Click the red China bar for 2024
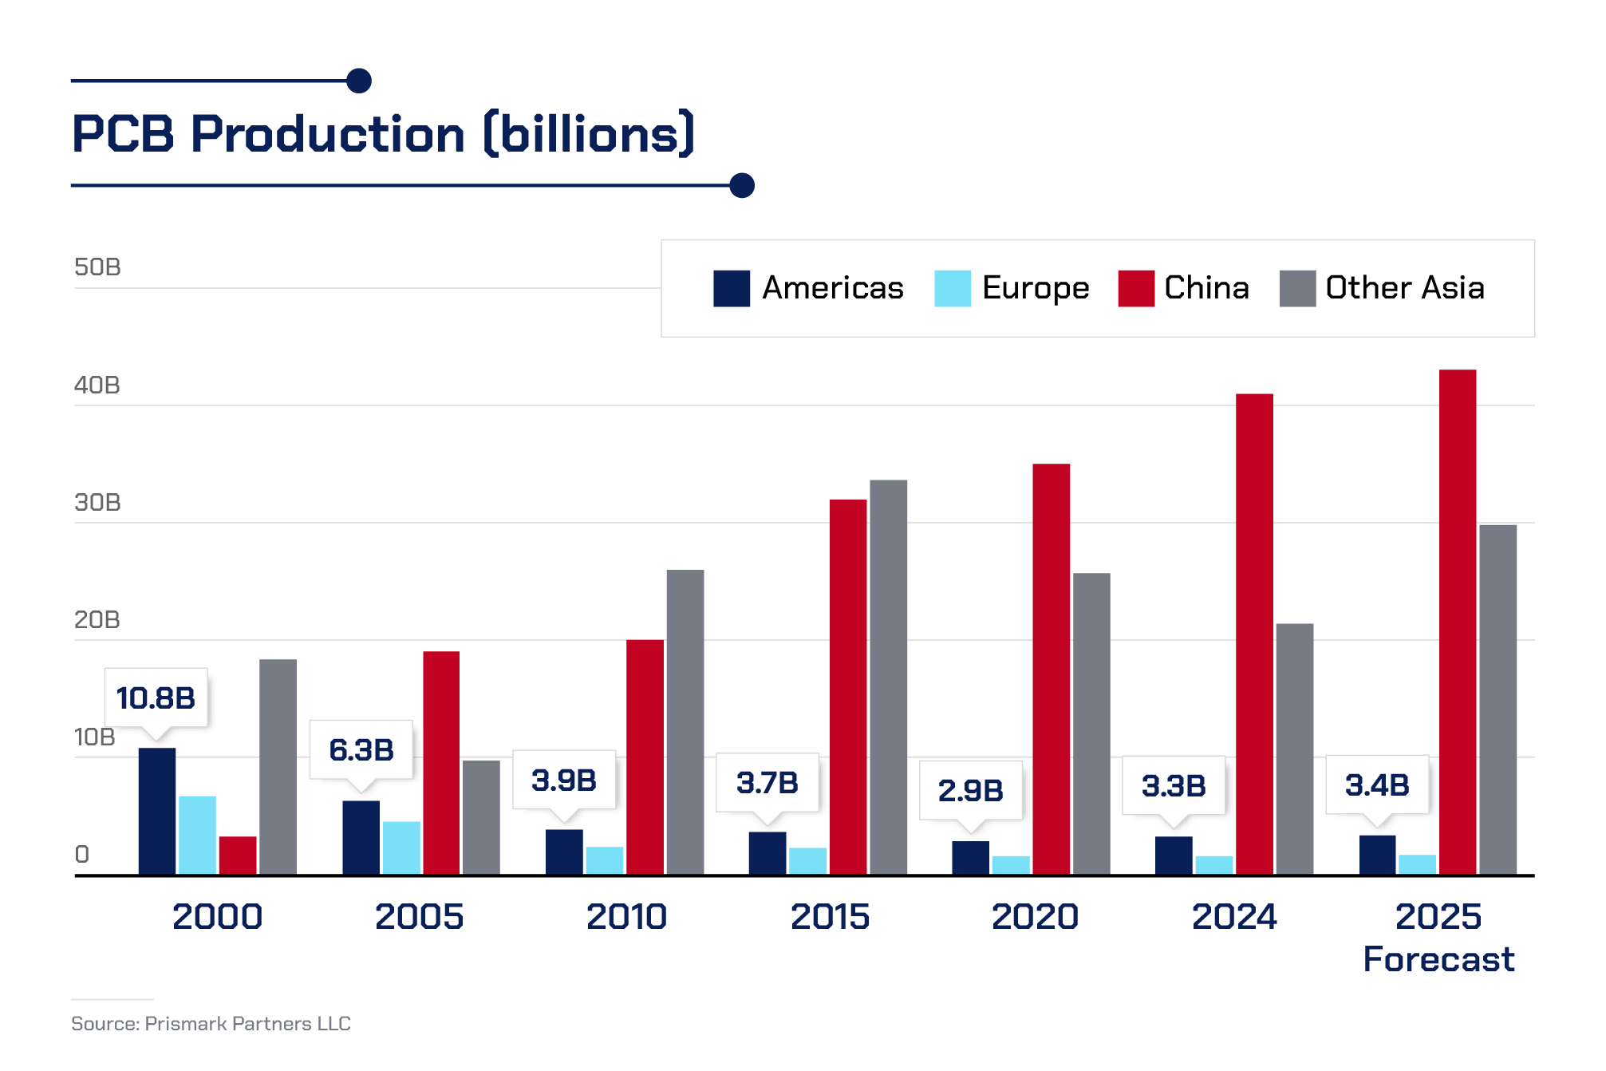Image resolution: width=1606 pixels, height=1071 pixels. coord(1254,634)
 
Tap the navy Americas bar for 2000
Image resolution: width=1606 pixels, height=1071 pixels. coord(157,811)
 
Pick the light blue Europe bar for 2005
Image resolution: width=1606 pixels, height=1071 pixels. coord(401,848)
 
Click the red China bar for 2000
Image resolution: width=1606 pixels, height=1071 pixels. coord(238,856)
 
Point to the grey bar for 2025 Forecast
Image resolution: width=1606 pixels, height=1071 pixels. coord(1497,699)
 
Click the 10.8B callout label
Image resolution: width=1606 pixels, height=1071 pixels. coord(156,698)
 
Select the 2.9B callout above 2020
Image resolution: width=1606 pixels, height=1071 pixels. coord(970,790)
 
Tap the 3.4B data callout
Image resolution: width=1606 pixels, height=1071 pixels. coord(1377,785)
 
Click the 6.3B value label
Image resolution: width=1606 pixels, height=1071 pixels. coord(361,750)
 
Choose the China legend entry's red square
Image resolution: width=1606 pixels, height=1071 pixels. coord(1136,288)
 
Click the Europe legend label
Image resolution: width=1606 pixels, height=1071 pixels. coord(1035,288)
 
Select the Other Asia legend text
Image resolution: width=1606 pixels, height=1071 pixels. coord(1404,288)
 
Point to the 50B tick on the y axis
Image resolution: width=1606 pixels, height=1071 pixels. coord(97,267)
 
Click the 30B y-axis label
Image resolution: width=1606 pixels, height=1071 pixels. coord(97,503)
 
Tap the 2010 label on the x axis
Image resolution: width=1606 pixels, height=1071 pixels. coord(626,917)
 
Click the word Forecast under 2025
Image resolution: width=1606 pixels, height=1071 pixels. coord(1438,959)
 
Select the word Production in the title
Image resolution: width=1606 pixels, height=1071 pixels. coord(328,134)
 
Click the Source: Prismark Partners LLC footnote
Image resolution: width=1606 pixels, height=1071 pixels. coord(211,1024)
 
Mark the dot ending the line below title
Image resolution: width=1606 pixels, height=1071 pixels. coord(742,185)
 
